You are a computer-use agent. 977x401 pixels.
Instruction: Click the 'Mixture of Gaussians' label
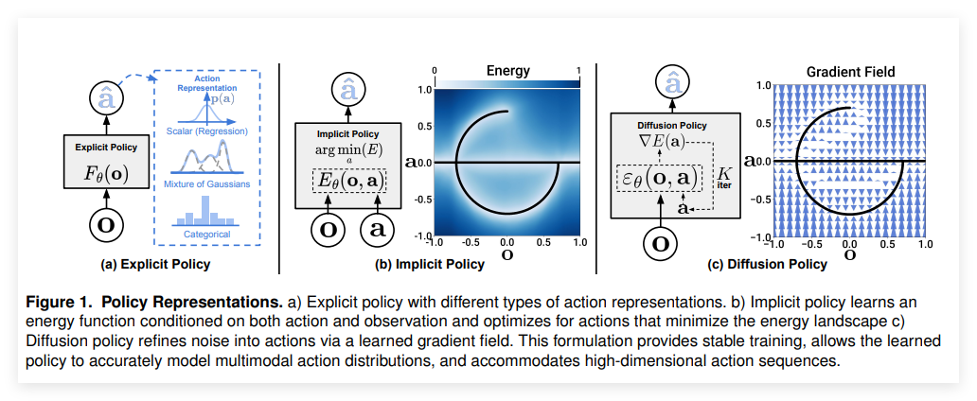click(206, 183)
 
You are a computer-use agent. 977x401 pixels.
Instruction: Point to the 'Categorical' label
click(206, 234)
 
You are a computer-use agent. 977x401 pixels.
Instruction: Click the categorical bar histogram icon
click(205, 211)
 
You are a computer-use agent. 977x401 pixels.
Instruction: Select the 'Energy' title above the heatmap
click(507, 71)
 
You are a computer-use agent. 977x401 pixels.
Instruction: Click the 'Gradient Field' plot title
click(850, 72)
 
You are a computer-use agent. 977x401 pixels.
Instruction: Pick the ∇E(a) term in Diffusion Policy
click(660, 144)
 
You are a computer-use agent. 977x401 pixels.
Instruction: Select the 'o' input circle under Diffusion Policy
click(660, 243)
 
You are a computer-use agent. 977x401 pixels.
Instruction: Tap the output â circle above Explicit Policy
click(106, 96)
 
